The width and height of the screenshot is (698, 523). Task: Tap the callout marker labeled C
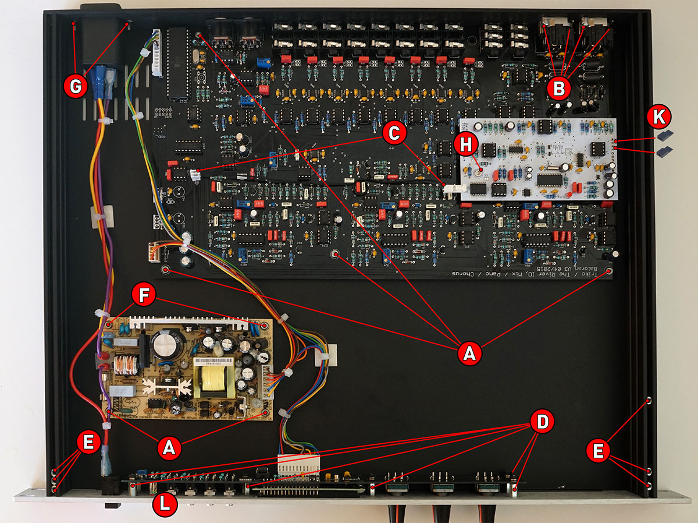(x=394, y=133)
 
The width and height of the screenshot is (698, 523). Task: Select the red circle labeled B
(x=559, y=89)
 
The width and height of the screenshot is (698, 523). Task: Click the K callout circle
(x=658, y=118)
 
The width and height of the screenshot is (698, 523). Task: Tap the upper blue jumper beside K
(x=664, y=136)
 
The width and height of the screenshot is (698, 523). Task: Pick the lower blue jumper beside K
(x=663, y=151)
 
